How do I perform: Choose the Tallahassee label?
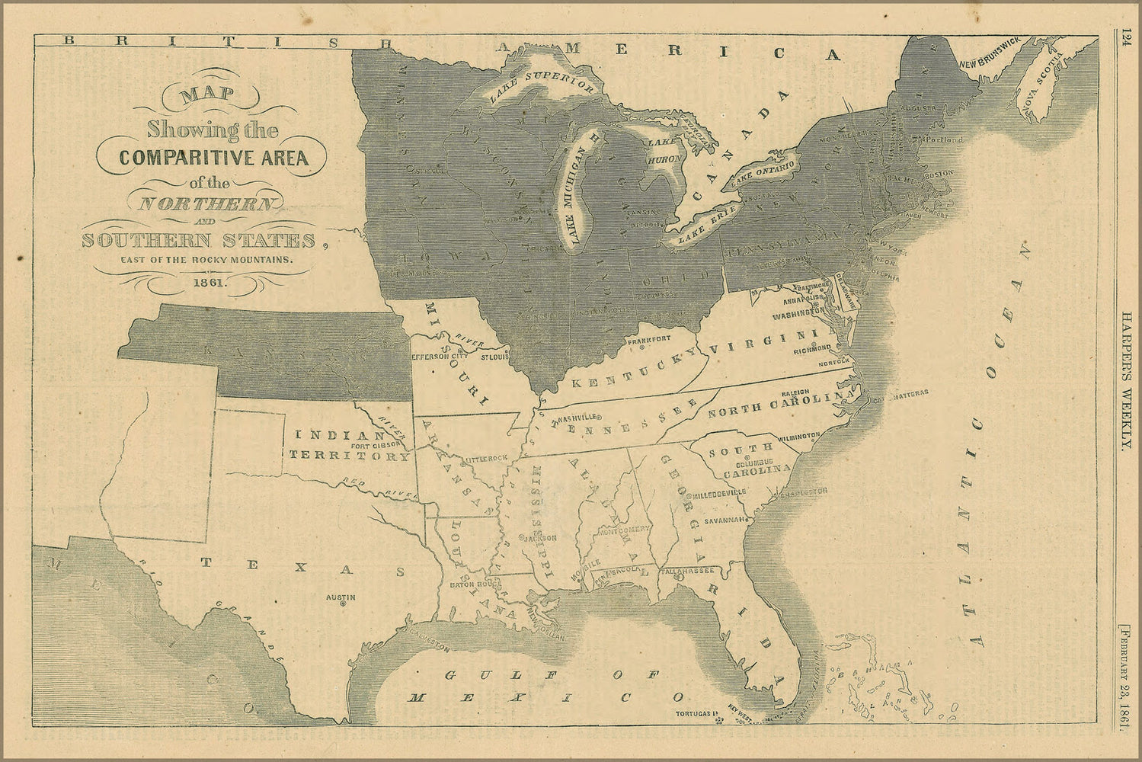click(x=689, y=570)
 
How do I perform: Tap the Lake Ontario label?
click(x=763, y=174)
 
